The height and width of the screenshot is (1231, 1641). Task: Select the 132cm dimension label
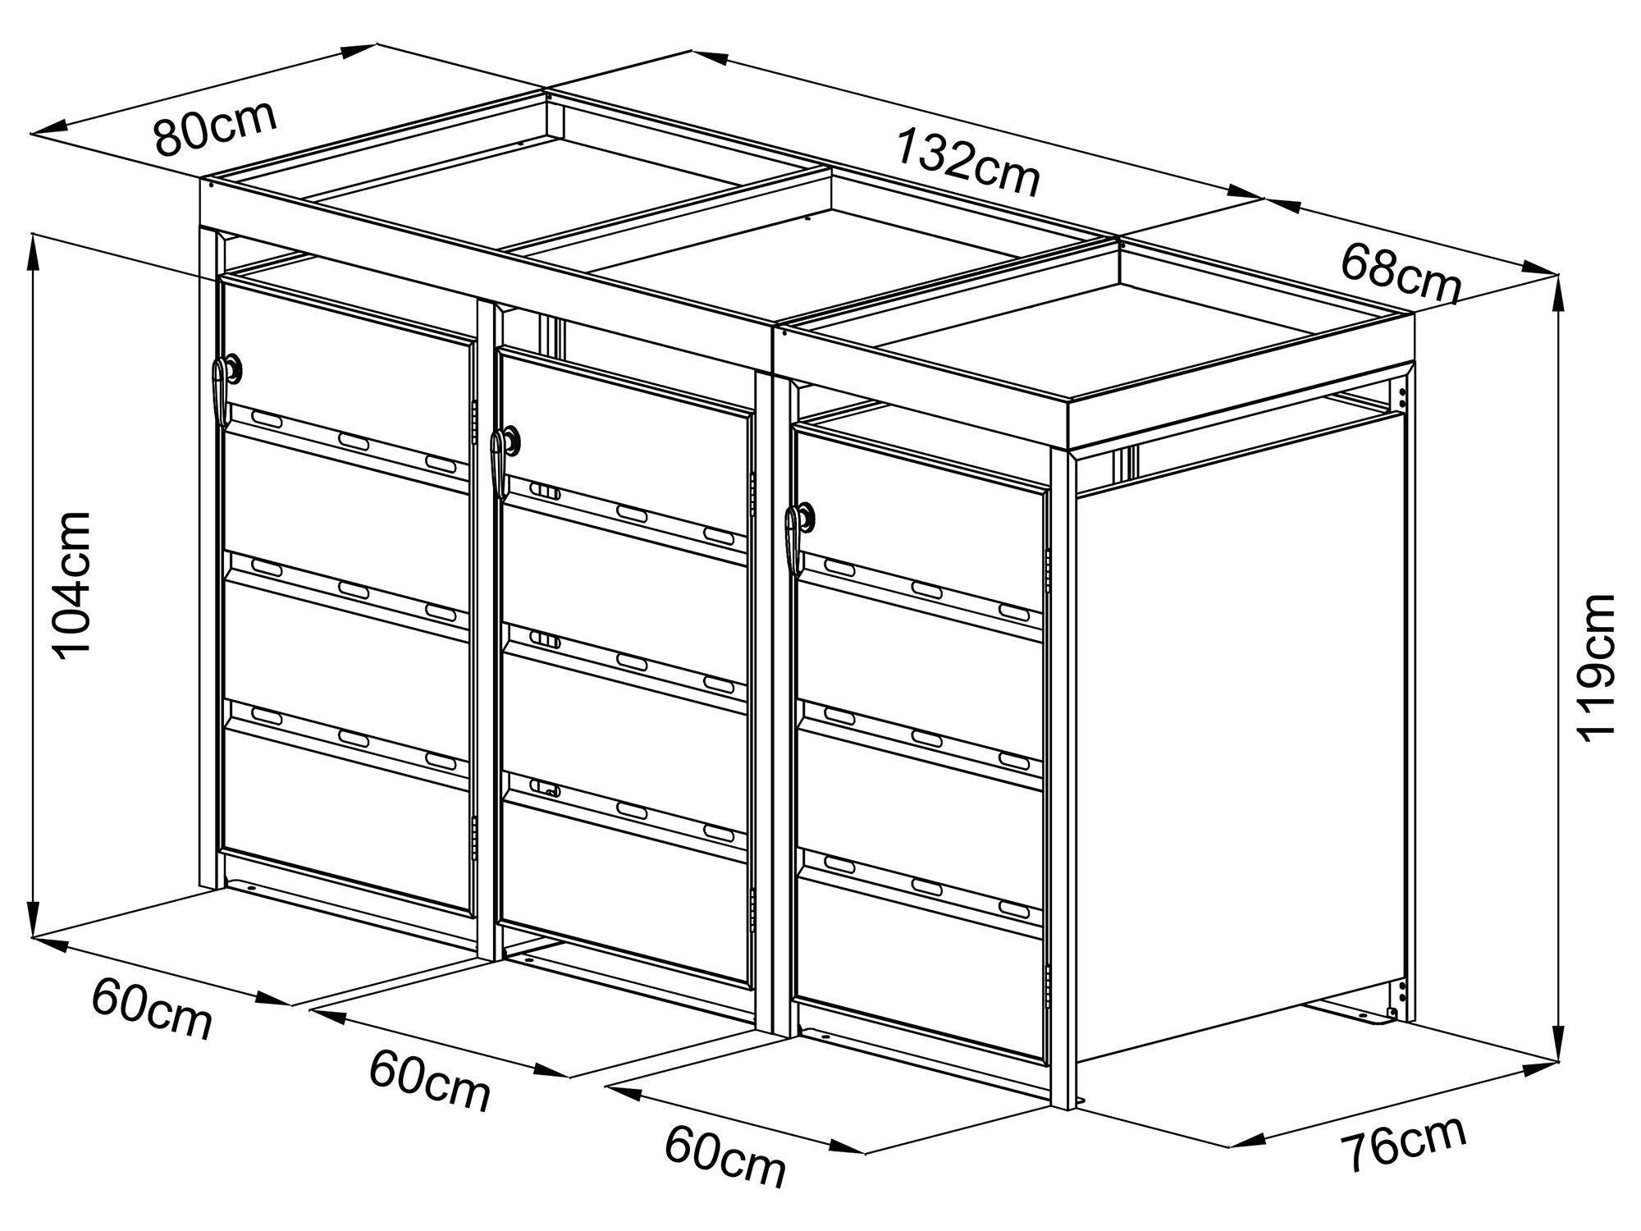968,162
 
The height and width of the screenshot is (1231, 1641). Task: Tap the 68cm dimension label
1401,272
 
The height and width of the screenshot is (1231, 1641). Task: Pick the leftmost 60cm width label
152,1010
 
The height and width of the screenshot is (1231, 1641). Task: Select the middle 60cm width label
430,1081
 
